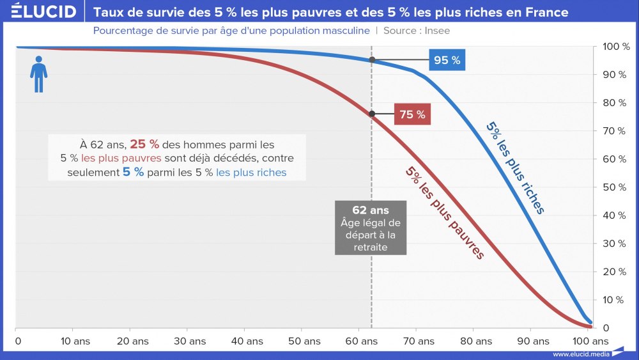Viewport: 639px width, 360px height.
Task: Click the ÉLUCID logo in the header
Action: coord(44,12)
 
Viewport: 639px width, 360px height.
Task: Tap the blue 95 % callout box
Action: coord(447,60)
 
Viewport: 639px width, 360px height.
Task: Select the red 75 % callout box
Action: coord(412,114)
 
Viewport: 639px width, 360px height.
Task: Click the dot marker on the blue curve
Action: coord(372,60)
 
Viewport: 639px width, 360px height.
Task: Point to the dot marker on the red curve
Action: coord(372,114)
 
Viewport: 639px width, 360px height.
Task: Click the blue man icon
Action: coord(39,74)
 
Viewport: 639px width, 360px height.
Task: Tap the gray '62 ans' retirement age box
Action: coord(371,228)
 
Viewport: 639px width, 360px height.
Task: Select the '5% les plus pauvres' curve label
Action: coord(445,212)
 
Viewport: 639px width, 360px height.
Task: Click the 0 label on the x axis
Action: coord(17,341)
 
